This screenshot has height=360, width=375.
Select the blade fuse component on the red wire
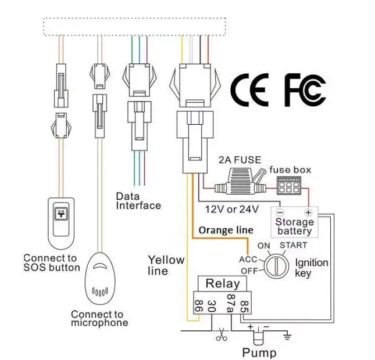click(239, 185)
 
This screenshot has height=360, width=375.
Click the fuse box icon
click(290, 185)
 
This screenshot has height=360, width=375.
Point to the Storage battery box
click(294, 222)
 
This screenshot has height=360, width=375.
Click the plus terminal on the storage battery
click(308, 213)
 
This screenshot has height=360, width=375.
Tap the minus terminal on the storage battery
click(280, 213)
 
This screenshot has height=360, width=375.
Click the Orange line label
click(226, 230)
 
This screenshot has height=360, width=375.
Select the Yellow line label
click(166, 265)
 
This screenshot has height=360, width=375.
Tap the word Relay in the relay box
click(223, 283)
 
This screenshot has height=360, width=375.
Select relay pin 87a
click(230, 305)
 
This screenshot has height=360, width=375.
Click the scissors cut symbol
click(222, 335)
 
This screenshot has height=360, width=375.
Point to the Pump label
click(259, 352)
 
